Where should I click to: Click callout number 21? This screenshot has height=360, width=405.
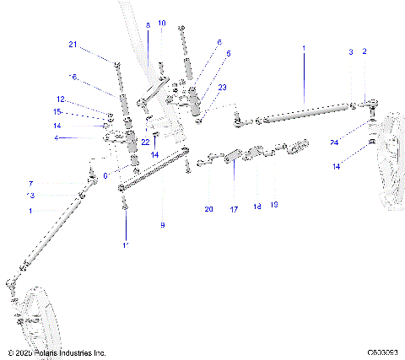point(73,44)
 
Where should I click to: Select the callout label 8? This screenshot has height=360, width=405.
point(148,26)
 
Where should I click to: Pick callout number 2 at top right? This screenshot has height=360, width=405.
point(364,52)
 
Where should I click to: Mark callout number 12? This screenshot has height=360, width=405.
point(60,99)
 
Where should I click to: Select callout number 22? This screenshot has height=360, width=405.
point(145,141)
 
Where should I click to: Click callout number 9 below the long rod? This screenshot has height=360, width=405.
point(163,225)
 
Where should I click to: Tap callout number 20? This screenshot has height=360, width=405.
point(209,208)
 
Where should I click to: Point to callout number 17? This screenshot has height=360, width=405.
point(234,208)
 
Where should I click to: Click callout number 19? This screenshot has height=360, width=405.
point(274,204)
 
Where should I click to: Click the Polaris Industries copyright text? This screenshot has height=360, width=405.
point(56,352)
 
